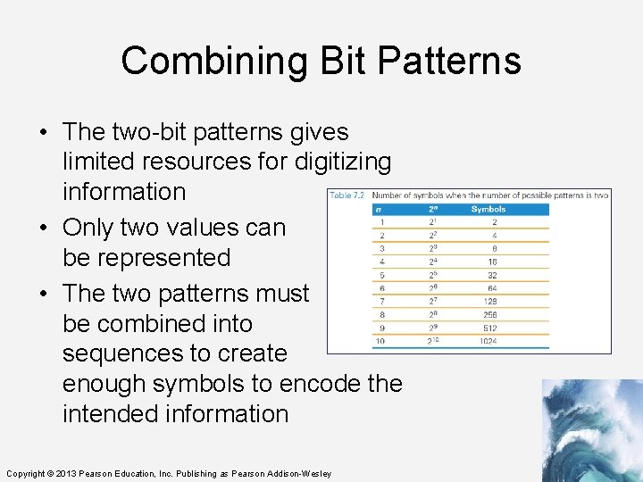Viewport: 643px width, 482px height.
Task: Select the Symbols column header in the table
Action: [489, 209]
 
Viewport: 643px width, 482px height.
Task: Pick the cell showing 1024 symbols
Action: [489, 342]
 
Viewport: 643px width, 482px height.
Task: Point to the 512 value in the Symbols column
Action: [489, 328]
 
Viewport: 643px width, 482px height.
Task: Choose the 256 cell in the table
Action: [489, 314]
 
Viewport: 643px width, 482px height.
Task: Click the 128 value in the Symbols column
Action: [489, 302]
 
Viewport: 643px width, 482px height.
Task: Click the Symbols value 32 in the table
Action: [491, 275]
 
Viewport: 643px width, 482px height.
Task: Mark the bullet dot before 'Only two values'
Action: [44, 229]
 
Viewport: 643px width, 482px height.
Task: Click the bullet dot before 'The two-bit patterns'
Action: [44, 133]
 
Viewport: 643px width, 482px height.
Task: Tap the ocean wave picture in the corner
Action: [591, 430]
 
